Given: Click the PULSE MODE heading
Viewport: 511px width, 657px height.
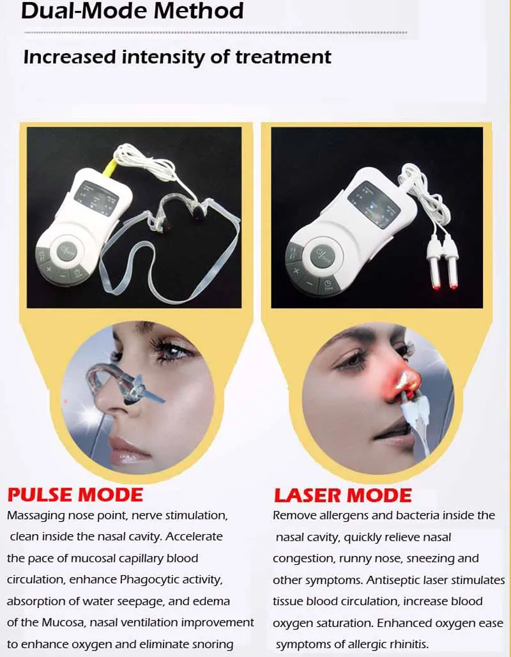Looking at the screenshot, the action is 75,495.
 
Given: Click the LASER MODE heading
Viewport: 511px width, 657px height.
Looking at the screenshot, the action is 343,496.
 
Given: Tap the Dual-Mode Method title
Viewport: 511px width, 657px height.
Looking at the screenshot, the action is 132,10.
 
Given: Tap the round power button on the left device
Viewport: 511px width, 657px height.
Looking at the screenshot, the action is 66,252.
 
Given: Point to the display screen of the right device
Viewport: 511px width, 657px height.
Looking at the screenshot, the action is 374,205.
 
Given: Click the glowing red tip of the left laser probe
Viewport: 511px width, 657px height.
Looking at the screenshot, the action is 436,287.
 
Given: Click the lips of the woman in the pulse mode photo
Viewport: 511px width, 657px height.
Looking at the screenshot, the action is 128,450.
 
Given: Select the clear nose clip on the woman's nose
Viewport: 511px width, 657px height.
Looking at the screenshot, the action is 121,383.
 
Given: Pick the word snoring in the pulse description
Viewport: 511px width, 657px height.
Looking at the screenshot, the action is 212,644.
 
